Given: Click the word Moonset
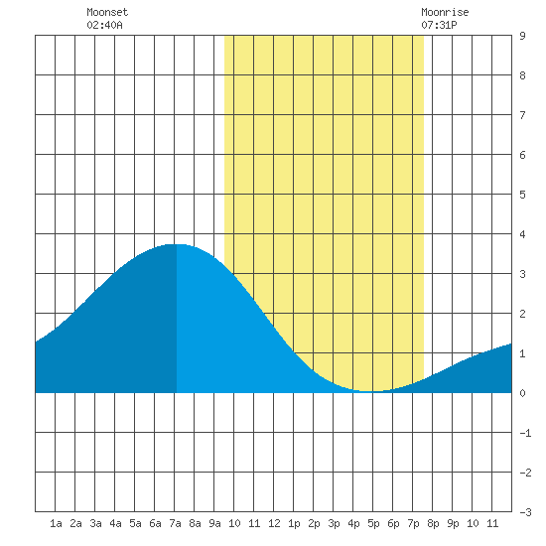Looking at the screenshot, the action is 107,12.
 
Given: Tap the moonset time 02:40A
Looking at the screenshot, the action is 104,25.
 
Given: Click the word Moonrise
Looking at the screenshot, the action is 445,12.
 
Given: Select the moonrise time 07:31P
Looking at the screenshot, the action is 439,25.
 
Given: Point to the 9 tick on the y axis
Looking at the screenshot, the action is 522,36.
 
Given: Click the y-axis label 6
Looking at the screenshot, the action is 522,155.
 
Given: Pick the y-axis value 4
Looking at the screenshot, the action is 522,234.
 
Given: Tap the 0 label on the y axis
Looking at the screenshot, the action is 522,393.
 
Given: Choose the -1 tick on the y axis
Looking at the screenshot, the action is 525,433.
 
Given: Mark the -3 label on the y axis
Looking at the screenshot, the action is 525,512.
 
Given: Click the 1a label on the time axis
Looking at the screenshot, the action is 56,523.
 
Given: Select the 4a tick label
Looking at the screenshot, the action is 115,523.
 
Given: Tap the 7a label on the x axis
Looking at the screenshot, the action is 175,523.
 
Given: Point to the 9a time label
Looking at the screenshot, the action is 214,523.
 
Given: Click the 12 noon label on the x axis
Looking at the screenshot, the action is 274,523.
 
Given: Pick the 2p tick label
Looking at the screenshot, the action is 314,523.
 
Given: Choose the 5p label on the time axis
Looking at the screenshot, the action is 373,523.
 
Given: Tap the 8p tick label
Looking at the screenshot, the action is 433,523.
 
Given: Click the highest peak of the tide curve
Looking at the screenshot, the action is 177,244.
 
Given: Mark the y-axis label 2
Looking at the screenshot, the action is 522,314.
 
